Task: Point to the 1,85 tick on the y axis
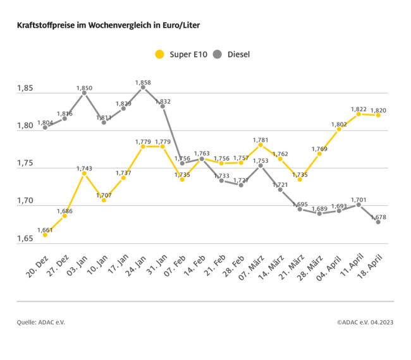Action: click(x=26, y=88)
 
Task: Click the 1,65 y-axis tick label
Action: click(x=26, y=239)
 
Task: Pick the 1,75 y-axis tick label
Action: click(x=26, y=164)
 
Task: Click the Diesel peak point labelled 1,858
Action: click(x=143, y=88)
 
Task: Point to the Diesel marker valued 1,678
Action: click(x=378, y=222)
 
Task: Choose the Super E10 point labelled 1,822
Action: click(x=359, y=114)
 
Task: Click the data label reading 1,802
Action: click(x=339, y=124)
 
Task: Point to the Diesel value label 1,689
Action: click(x=319, y=208)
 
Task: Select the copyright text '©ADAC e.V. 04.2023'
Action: click(x=365, y=322)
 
